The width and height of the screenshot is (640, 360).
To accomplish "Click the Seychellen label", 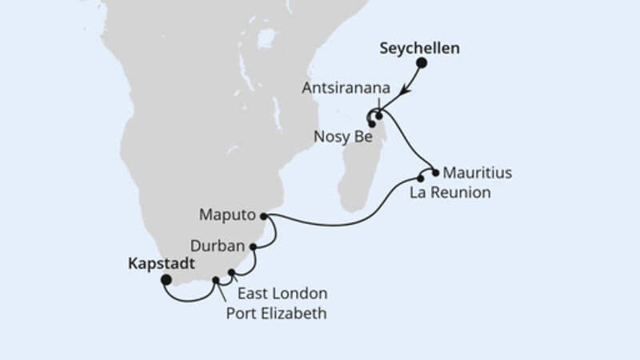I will (x=418, y=49).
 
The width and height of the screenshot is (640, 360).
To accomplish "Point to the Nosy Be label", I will (x=335, y=138).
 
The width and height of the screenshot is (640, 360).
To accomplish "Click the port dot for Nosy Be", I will (x=372, y=124).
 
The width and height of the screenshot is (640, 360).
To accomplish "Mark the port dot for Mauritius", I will (x=435, y=172).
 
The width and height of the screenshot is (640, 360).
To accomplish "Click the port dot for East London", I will (x=232, y=273).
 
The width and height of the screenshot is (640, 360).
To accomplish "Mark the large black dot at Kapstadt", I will (x=166, y=280).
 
